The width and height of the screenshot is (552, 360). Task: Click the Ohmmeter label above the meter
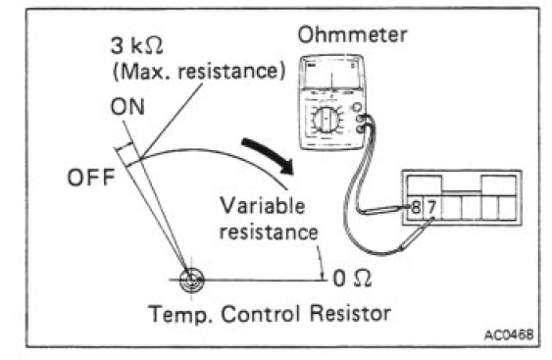[x=352, y=35]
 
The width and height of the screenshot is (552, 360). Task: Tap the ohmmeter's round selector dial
[x=326, y=120]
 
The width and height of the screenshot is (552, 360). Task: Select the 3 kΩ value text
[x=137, y=46]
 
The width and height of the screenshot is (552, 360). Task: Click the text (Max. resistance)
[x=199, y=72]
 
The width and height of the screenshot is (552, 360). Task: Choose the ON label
[x=127, y=107]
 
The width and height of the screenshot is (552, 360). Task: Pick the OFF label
[x=91, y=178]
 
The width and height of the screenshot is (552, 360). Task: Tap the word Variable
[x=262, y=205]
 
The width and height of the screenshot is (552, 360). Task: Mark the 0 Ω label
[x=352, y=279]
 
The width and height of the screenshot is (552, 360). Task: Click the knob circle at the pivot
[x=191, y=280]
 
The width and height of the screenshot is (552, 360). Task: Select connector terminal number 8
[x=416, y=208]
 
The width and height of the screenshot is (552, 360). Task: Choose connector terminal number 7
[x=431, y=207]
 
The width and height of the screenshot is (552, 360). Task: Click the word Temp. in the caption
[x=181, y=314]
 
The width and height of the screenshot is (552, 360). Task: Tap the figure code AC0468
[x=509, y=334]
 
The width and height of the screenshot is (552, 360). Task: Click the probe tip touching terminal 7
[x=432, y=220]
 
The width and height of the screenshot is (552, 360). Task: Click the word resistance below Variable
[x=269, y=232]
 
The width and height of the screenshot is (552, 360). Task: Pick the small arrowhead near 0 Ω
[x=322, y=274]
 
